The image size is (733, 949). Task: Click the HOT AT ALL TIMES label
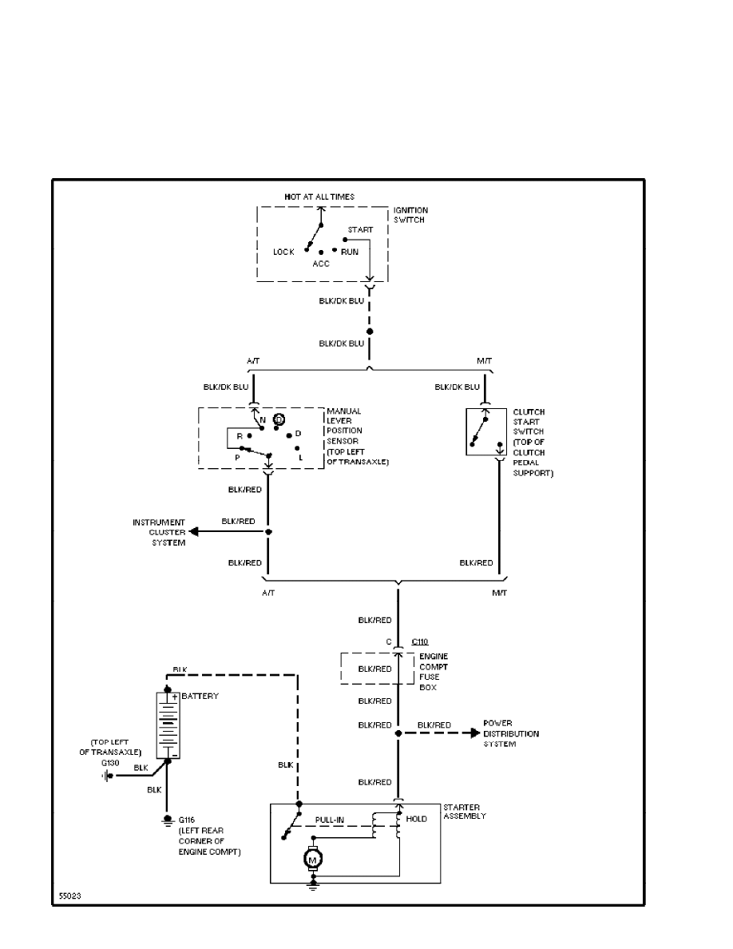tap(319, 196)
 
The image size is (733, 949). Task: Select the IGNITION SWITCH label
tap(410, 215)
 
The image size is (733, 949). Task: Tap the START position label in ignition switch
tap(360, 230)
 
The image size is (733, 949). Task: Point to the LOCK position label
tap(283, 252)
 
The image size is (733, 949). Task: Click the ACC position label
tap(321, 264)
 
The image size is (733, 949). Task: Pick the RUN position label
tap(350, 252)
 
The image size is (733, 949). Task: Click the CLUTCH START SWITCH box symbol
tap(486, 432)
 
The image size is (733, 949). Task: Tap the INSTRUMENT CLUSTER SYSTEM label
tap(159, 532)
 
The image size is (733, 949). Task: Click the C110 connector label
tap(420, 641)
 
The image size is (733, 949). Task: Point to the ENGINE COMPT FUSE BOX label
tap(434, 671)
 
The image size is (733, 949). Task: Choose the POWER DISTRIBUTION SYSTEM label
tap(511, 734)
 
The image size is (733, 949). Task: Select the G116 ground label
tap(186, 820)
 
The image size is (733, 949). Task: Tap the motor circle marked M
tap(312, 859)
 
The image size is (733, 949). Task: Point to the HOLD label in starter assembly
tap(417, 819)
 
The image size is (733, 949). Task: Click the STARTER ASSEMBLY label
tap(464, 812)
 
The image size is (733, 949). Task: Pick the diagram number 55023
tap(69, 895)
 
